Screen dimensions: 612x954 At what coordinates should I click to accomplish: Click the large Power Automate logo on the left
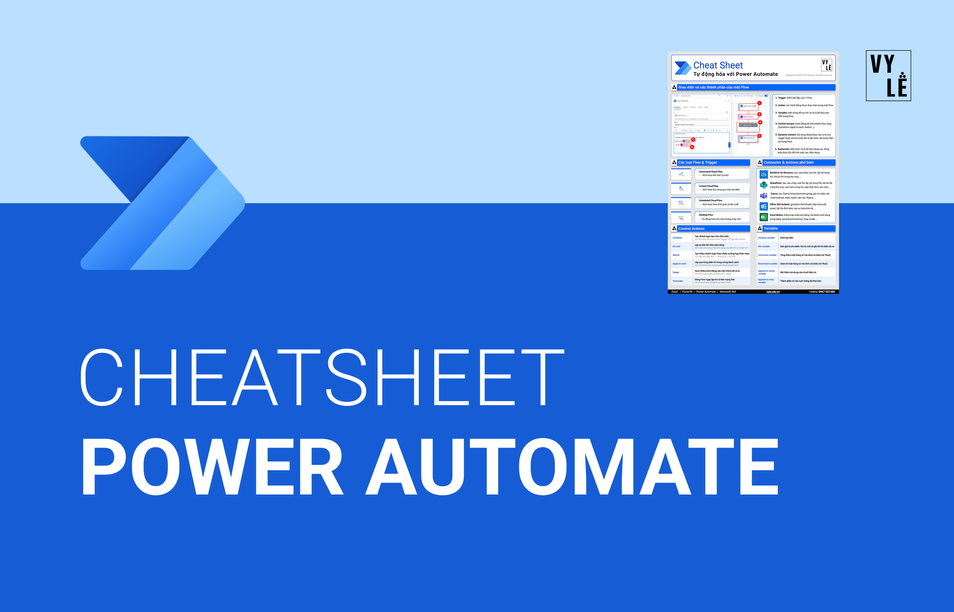163,203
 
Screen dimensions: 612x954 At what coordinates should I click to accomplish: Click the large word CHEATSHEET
322,377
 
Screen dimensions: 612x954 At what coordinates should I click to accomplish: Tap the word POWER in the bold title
212,467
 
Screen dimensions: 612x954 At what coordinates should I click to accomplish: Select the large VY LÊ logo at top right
888,76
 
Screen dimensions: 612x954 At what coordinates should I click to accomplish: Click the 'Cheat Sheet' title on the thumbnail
718,65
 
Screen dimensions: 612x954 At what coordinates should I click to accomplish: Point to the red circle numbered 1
760,103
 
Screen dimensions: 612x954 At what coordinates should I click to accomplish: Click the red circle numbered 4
760,122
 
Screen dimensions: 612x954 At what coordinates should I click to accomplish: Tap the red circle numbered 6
692,147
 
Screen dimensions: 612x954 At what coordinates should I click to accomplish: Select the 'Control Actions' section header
691,229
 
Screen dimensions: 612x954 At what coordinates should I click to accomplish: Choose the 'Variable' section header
771,228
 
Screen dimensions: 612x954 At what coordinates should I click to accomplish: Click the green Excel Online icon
764,217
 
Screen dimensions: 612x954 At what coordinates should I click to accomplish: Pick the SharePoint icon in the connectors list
764,185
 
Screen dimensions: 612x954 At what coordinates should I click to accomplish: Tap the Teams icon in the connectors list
764,196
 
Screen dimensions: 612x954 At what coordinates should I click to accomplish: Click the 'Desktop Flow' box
722,217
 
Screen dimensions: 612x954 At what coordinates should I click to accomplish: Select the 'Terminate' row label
678,281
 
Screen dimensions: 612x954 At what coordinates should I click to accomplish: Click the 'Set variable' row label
764,246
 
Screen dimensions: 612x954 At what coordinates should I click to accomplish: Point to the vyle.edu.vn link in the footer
773,292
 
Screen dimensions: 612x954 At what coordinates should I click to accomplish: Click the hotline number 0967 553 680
826,292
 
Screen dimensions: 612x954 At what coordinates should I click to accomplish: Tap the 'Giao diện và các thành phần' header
713,87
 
